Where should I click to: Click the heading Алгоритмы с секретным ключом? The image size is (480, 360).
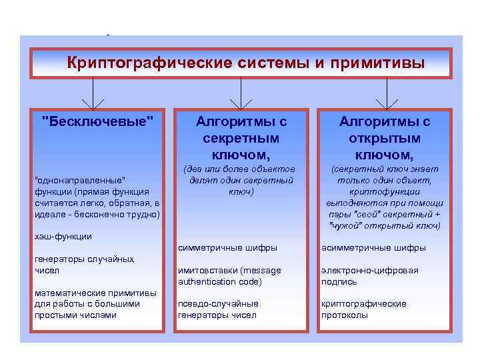(241, 138)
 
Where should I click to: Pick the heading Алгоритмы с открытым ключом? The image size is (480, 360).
(385, 138)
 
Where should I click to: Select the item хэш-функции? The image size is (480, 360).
(63, 236)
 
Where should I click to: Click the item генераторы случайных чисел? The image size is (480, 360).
(83, 265)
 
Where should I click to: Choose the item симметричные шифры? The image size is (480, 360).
(227, 248)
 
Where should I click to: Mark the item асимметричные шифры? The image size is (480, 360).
(373, 248)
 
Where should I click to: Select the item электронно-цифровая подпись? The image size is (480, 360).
(369, 276)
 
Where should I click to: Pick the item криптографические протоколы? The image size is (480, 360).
(363, 309)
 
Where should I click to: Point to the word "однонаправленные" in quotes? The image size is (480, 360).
(80, 181)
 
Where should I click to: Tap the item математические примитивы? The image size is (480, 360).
(95, 303)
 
